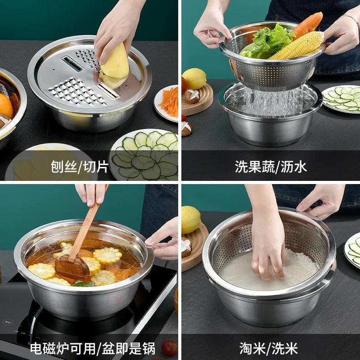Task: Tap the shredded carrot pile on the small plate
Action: click(170, 102)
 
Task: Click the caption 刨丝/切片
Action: click(80, 166)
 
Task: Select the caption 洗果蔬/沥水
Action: click(271, 166)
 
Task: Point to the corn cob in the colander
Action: click(297, 45)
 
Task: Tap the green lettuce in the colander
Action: click(266, 42)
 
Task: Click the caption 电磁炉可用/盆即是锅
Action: click(93, 348)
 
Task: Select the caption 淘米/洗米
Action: click(268, 348)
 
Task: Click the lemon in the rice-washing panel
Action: click(190, 220)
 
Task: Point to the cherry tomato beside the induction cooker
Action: click(169, 348)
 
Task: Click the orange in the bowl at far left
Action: click(5, 106)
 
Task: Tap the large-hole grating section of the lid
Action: click(77, 92)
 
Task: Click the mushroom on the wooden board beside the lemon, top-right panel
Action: click(193, 96)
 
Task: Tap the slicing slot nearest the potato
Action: click(108, 91)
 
